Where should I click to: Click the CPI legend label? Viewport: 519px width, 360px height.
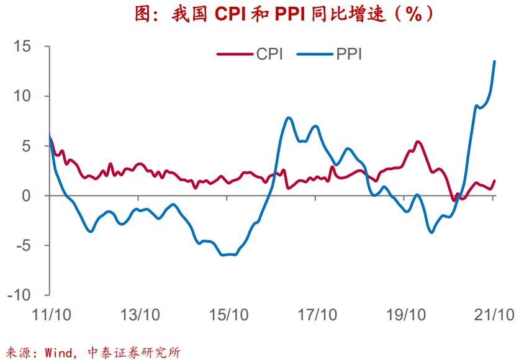point(269,54)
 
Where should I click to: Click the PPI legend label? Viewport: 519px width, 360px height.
point(350,54)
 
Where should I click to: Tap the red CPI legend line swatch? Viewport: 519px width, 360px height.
point(235,54)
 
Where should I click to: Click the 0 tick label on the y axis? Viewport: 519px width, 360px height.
point(27,196)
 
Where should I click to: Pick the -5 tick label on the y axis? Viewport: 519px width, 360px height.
point(23,245)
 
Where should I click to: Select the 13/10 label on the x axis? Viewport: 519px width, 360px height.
point(140,315)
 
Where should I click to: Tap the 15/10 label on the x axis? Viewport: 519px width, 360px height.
point(228,315)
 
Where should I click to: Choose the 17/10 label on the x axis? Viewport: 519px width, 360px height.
point(316,315)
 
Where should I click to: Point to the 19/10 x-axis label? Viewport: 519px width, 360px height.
point(404,315)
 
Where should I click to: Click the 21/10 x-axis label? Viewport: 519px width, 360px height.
point(493,315)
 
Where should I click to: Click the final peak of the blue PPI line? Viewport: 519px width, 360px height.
point(494,61)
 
